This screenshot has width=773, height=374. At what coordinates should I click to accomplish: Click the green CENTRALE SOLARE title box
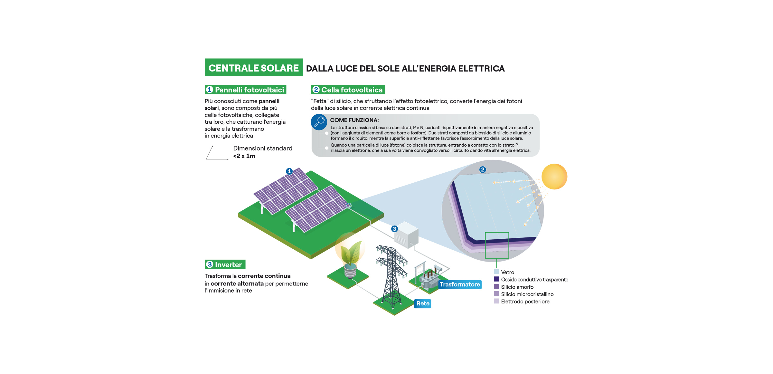(253, 67)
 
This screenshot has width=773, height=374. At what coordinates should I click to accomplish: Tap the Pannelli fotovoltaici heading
(246, 90)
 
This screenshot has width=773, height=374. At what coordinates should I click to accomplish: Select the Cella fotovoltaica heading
(348, 90)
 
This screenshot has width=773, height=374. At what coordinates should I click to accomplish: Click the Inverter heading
(225, 264)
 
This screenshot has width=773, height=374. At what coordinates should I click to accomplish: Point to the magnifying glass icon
(319, 122)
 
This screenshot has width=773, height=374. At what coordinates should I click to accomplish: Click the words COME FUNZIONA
(354, 120)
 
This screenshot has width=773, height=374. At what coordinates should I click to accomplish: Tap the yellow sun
(554, 177)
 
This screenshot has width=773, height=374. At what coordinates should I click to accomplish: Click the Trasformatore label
(459, 284)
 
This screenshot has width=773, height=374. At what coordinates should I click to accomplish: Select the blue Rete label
(422, 303)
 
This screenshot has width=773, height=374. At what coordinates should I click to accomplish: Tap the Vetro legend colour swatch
(496, 272)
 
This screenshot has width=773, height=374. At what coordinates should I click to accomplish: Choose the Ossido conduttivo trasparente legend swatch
(496, 279)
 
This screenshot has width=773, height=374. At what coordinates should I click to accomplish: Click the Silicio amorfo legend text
(517, 287)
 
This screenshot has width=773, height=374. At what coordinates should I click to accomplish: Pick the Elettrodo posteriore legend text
(525, 302)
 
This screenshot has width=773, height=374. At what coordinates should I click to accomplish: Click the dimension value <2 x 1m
(244, 156)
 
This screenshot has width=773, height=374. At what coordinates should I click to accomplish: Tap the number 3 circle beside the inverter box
(394, 229)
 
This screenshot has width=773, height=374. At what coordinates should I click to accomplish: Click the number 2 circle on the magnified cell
(482, 169)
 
